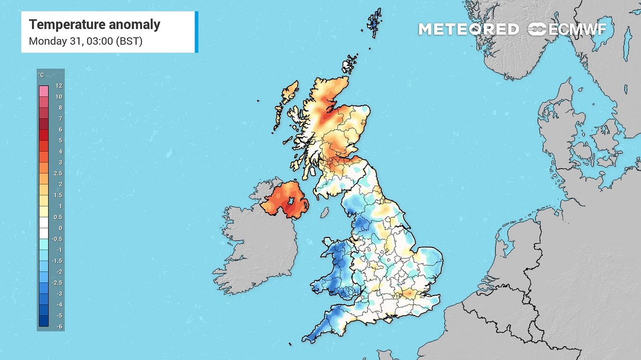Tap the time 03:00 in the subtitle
99,41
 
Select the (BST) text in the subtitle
129,41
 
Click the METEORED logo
469,29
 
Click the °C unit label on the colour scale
41,75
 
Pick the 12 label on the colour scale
59,85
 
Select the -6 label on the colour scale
59,326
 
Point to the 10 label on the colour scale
59,96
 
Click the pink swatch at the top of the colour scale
44,91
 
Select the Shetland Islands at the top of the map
374,22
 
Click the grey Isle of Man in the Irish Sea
325,212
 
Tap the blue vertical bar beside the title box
196,31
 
